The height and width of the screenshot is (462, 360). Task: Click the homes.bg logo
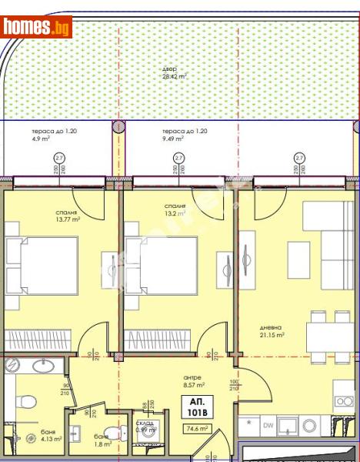pos(36,27)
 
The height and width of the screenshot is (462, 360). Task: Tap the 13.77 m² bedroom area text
pos(67,215)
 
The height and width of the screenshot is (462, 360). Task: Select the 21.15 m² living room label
pos(272,331)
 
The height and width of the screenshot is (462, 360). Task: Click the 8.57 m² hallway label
pos(193,381)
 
